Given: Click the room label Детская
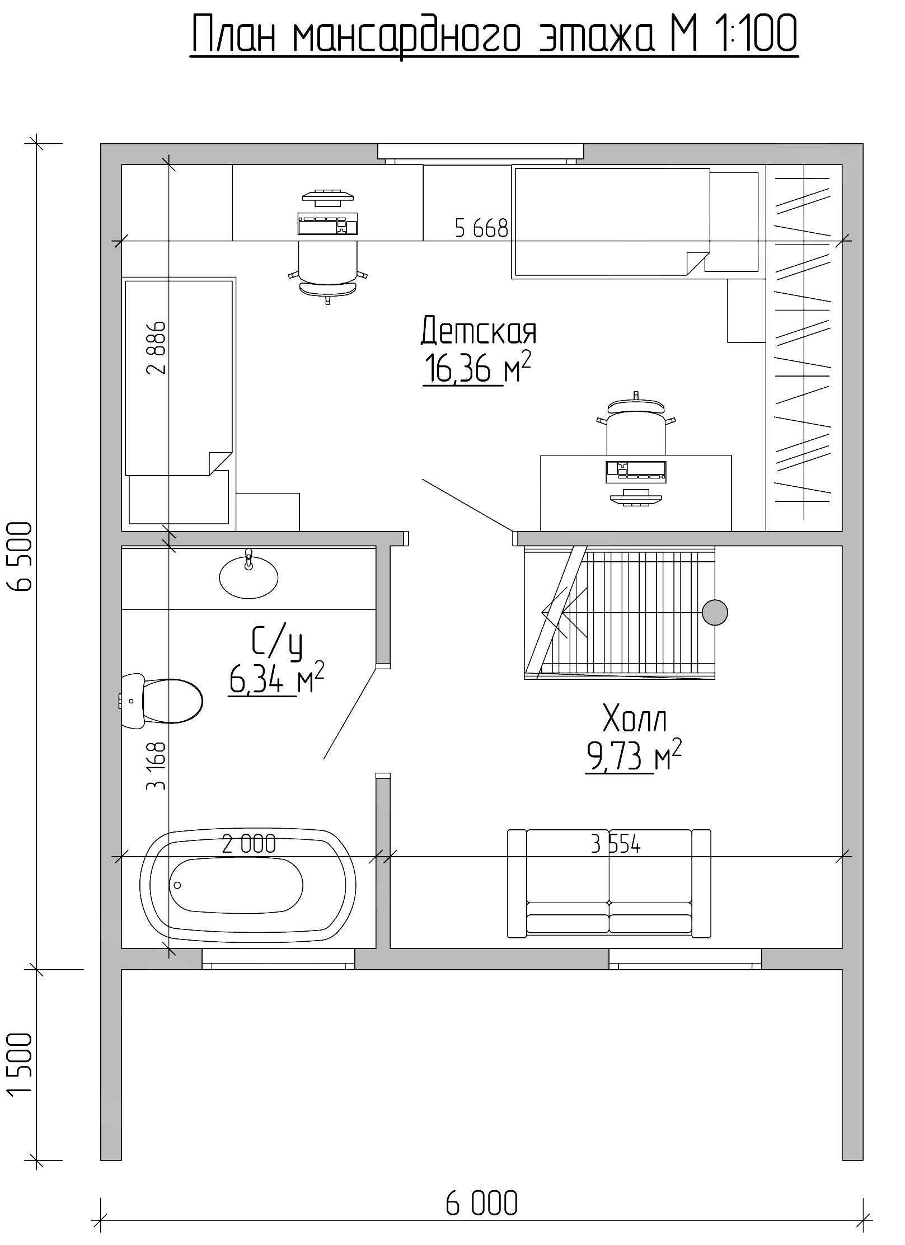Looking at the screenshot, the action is point(479,330).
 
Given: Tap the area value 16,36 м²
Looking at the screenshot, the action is point(477,368).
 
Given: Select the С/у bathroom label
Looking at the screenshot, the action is point(277,643).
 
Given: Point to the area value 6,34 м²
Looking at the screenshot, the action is point(276,678).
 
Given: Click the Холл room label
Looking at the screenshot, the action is point(635,720).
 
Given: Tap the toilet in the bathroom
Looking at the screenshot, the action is point(162,701).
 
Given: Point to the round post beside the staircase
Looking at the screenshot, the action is point(715,613).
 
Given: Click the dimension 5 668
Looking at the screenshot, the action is point(481,228).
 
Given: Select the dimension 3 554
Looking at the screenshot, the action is point(616,844).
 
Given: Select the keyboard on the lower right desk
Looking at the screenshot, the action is point(636,471).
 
